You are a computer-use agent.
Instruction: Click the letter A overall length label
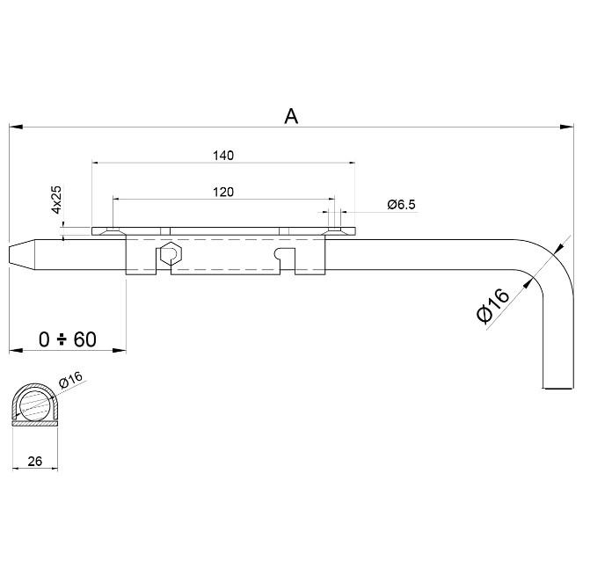tap(291, 115)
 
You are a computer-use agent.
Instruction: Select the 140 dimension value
tap(223, 156)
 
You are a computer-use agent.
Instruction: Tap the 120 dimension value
tap(223, 191)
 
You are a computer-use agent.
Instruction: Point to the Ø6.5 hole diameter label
tap(401, 205)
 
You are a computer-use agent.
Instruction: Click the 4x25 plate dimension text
tap(56, 200)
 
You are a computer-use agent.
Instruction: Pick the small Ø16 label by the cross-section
tap(69, 380)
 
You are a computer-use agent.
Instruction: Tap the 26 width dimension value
tap(34, 459)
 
